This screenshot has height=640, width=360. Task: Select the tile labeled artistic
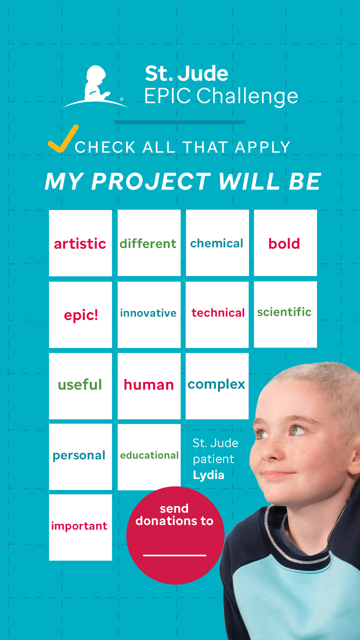coord(80,243)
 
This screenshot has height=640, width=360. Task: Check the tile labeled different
coord(149,243)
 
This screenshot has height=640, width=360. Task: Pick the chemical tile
coord(217,243)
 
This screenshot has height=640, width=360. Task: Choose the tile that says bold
coord(285,243)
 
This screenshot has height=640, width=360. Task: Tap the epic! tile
coord(80,315)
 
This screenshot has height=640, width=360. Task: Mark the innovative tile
coord(149,315)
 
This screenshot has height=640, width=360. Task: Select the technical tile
coord(217,315)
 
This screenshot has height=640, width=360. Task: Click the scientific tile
coord(285,314)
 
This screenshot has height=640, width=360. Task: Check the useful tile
coord(80,386)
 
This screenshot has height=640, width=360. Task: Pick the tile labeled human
coord(149,386)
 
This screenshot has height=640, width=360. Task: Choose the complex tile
coord(217,386)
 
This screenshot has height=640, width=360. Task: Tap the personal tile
coord(80,457)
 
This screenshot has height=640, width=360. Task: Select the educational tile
coord(149,457)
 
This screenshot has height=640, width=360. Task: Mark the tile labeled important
coord(80,527)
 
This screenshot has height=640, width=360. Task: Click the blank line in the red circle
coord(175,555)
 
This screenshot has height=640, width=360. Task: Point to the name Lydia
coord(209,475)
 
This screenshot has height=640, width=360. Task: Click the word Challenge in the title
coord(247,96)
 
